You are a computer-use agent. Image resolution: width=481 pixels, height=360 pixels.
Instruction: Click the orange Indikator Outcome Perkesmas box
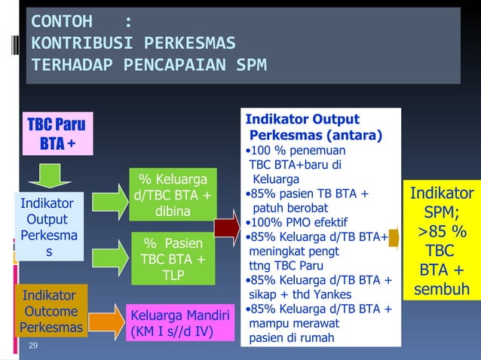[51, 310]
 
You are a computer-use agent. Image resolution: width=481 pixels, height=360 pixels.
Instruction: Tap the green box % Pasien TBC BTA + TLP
[172, 258]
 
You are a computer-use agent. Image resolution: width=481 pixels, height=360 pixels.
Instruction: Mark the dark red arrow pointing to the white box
[227, 227]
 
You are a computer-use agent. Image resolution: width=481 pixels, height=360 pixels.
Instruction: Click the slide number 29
[32, 345]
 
